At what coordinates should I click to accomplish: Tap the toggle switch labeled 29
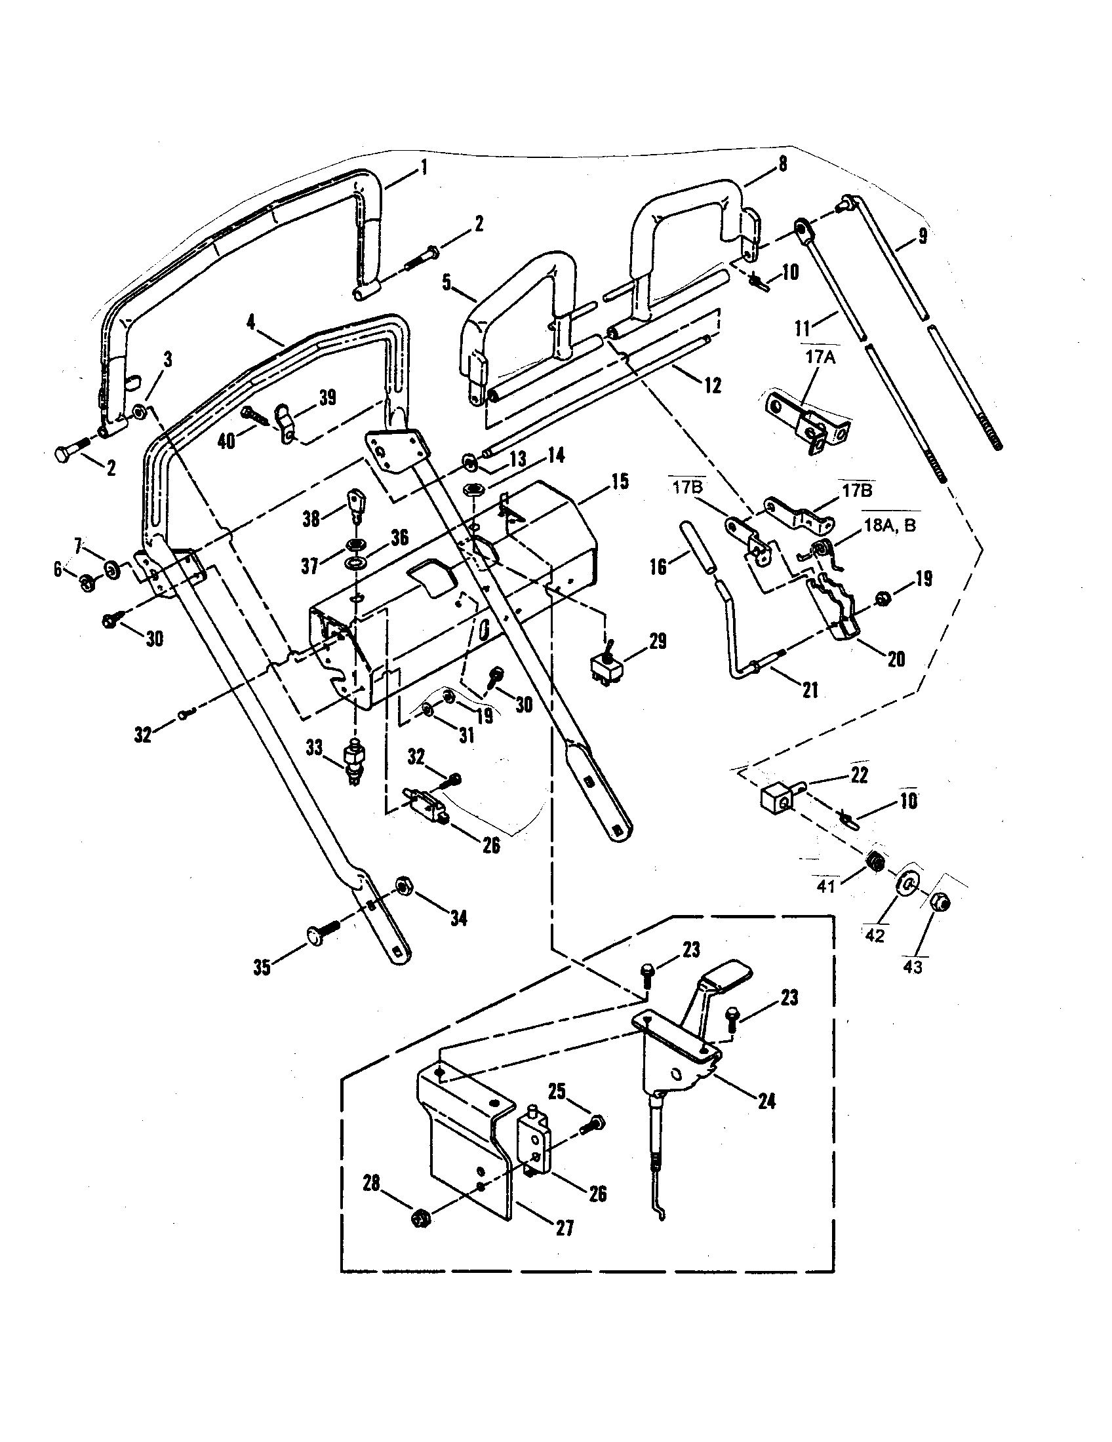pyautogui.click(x=605, y=668)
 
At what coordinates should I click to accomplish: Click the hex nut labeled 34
pyautogui.click(x=402, y=886)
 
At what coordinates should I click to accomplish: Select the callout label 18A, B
pyautogui.click(x=890, y=526)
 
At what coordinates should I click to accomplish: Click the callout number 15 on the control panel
pyautogui.click(x=619, y=481)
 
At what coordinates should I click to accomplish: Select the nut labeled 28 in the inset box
pyautogui.click(x=420, y=1218)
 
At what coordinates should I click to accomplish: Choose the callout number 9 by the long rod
pyautogui.click(x=923, y=236)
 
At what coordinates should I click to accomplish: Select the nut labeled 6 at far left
pyautogui.click(x=86, y=581)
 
